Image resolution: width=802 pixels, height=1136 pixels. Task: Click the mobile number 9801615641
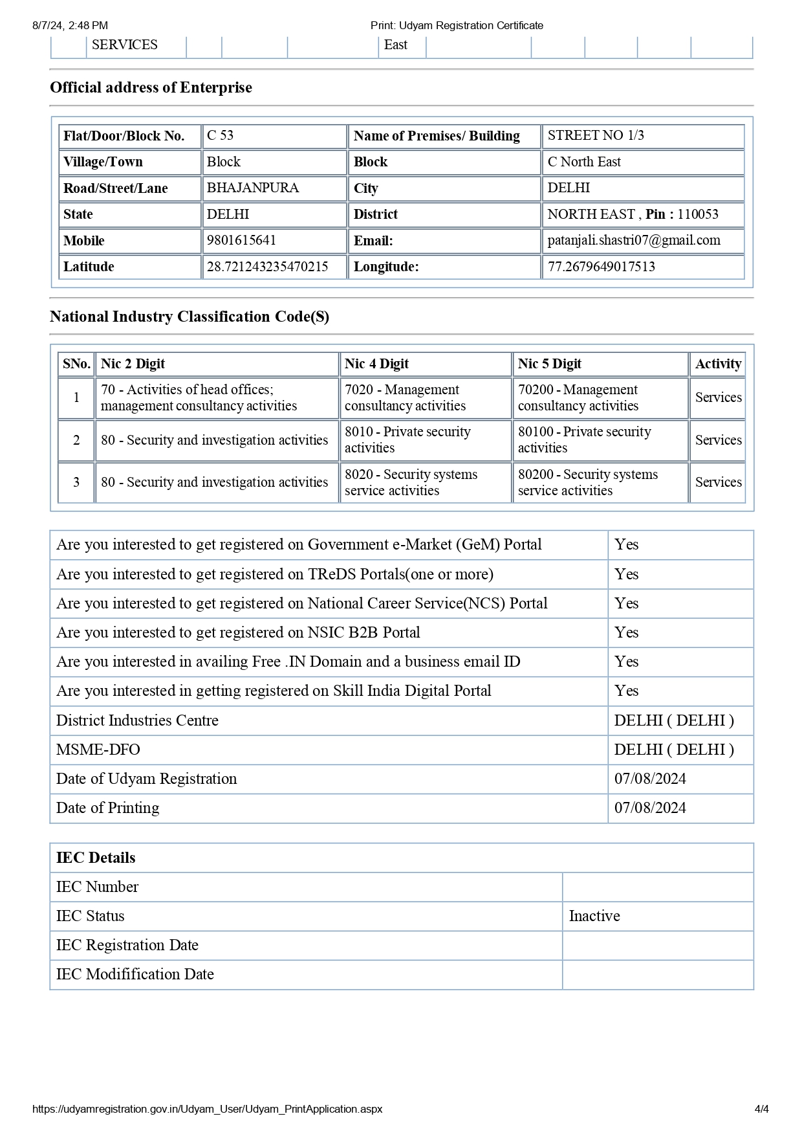[x=241, y=240]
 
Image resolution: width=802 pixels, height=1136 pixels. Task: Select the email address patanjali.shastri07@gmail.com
[x=634, y=240]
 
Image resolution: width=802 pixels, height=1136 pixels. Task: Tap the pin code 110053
[x=698, y=214]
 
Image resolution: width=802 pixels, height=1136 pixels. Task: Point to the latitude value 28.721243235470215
[x=267, y=267]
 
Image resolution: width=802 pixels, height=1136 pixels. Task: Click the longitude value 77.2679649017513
[x=601, y=267]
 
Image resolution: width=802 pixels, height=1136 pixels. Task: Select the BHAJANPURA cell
[x=252, y=188]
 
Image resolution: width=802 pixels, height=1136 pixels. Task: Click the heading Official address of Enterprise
[x=151, y=87]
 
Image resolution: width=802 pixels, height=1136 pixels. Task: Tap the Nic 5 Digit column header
[x=549, y=364]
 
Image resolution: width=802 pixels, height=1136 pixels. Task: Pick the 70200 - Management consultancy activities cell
[x=578, y=397]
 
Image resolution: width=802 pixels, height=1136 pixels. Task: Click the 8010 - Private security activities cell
[x=407, y=440]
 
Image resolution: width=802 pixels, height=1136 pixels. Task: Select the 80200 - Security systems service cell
[x=587, y=482]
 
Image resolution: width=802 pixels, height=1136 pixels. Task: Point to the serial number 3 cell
[x=76, y=482]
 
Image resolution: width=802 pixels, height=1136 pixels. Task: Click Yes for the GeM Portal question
[x=626, y=544]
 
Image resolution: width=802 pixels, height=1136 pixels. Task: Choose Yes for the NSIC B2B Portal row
[x=626, y=632]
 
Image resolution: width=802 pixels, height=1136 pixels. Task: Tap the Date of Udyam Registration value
[x=650, y=779]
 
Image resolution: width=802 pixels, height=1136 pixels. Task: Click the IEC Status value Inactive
[x=594, y=916]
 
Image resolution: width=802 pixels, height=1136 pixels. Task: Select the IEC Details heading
[x=96, y=858]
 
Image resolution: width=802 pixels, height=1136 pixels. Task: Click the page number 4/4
[x=761, y=1109]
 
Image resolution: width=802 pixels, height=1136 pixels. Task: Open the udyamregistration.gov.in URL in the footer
[x=207, y=1109]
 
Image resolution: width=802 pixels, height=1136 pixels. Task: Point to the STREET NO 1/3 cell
[x=596, y=135]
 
